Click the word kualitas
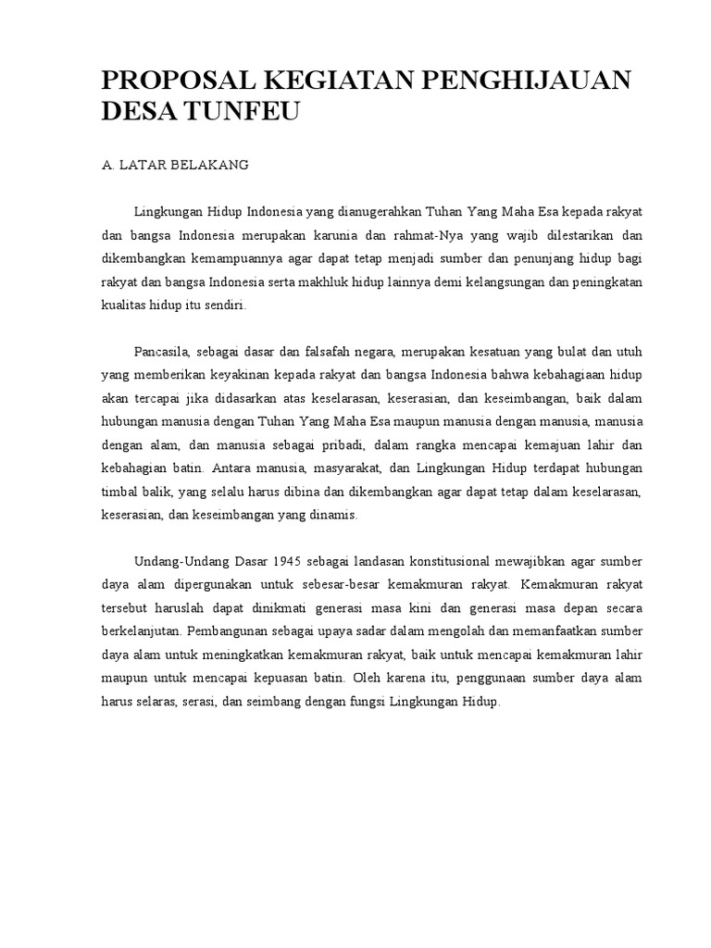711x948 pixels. (x=123, y=306)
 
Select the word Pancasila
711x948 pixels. (x=161, y=353)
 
